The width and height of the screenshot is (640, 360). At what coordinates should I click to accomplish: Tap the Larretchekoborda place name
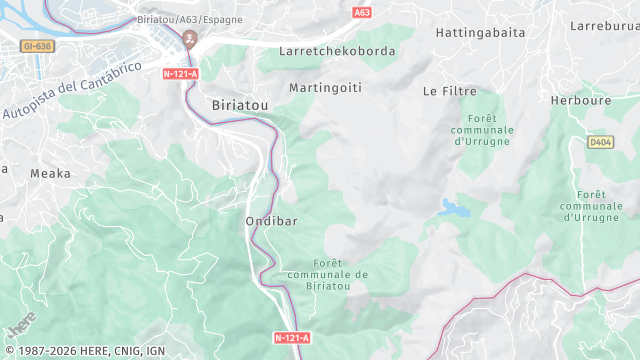pyautogui.click(x=337, y=51)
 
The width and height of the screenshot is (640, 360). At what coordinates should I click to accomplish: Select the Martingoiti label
pyautogui.click(x=325, y=88)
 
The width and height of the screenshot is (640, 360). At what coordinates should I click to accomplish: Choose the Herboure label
pyautogui.click(x=580, y=100)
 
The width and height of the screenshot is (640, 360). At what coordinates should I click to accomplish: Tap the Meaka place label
pyautogui.click(x=50, y=173)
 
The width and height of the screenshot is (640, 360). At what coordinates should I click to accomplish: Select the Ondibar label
pyautogui.click(x=271, y=220)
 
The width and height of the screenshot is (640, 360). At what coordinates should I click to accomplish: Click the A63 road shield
pyautogui.click(x=362, y=13)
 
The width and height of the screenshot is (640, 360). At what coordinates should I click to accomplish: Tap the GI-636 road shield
pyautogui.click(x=36, y=45)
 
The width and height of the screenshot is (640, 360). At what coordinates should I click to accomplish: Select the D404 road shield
pyautogui.click(x=600, y=143)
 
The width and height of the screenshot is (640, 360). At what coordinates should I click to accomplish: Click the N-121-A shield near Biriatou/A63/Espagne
pyautogui.click(x=181, y=73)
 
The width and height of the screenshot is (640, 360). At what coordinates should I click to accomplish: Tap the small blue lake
pyautogui.click(x=453, y=208)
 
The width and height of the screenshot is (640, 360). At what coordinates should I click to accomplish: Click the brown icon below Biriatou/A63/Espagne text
pyautogui.click(x=190, y=39)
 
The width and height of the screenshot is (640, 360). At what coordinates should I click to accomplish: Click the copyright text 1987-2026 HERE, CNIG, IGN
pyautogui.click(x=84, y=351)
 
